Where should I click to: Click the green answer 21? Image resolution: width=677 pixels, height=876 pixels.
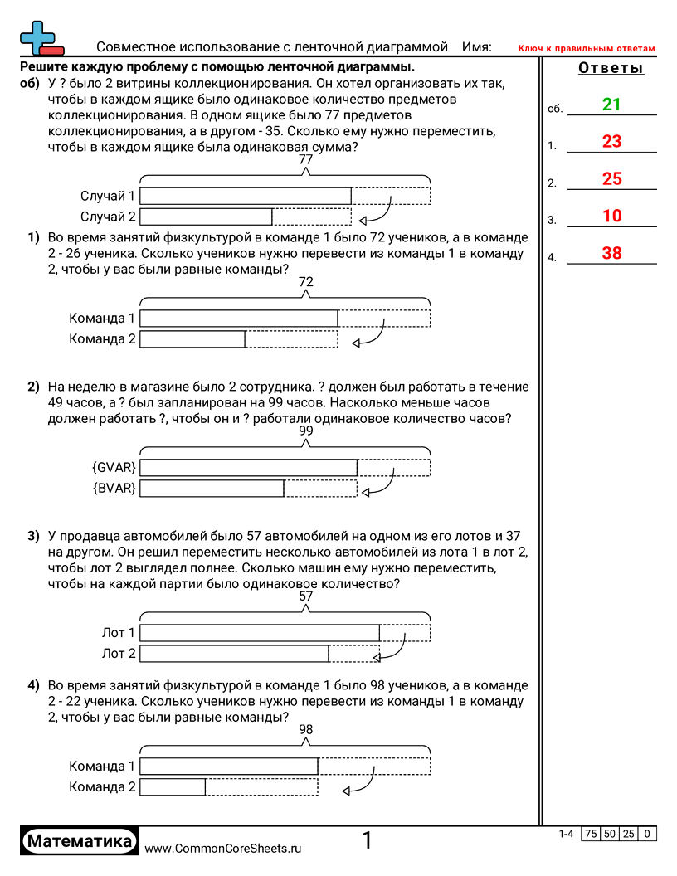point(611,105)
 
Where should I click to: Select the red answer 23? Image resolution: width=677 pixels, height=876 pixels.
point(611,142)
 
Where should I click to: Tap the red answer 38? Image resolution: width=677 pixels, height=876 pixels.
point(611,254)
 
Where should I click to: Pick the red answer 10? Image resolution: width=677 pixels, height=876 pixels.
point(611,217)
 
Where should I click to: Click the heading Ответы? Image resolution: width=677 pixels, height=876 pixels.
point(611,69)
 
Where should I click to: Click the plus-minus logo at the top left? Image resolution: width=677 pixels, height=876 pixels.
point(38,37)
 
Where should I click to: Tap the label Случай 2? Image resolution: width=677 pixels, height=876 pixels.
point(108,217)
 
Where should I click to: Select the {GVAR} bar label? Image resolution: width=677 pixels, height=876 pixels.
point(114,467)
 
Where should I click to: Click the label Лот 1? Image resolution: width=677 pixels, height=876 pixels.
point(119,633)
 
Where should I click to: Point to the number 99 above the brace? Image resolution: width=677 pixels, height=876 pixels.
point(306,431)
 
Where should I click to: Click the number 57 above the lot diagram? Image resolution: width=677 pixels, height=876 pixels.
point(306,596)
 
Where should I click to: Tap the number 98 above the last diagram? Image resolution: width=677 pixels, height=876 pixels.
point(306,729)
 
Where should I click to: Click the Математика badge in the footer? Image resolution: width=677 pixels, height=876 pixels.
point(79,841)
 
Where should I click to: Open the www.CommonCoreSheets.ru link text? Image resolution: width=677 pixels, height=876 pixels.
point(222,849)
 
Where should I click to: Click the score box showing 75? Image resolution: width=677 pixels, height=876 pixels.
point(591,834)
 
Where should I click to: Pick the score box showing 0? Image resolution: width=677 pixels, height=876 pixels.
point(647,834)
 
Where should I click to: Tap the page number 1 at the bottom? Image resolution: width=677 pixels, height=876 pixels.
point(367,841)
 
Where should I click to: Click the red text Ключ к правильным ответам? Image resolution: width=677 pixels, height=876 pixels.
point(587,49)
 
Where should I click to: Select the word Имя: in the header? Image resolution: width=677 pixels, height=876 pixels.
point(476,47)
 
